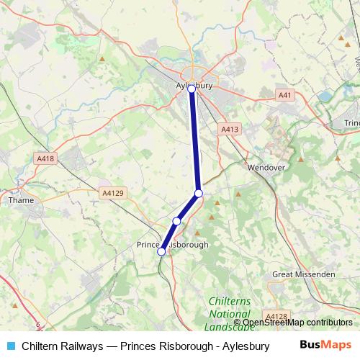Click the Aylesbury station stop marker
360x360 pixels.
point(192,89)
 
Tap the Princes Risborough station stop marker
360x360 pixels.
point(161,251)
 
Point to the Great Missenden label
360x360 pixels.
point(303,274)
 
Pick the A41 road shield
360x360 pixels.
point(286,94)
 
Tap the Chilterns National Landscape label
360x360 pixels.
point(229,314)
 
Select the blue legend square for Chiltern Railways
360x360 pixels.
point(9,346)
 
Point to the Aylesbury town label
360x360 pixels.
point(193,85)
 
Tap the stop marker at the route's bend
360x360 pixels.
point(199,193)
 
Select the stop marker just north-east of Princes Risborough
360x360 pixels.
point(176,221)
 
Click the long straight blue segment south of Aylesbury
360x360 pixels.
point(195,140)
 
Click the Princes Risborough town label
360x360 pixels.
point(173,245)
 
